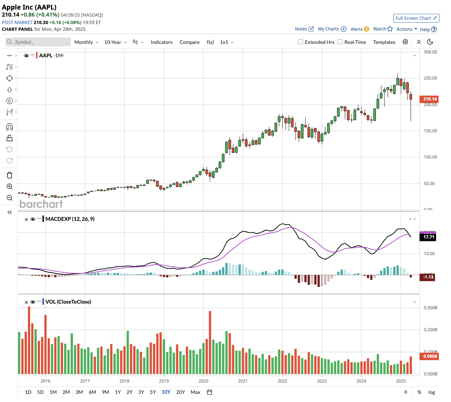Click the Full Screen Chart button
[x=416, y=18]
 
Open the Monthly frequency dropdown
[x=86, y=42]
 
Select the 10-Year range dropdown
[x=115, y=42]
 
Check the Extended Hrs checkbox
[x=301, y=42]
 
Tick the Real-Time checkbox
[x=340, y=42]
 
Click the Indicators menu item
[x=161, y=42]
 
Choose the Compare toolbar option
[x=189, y=42]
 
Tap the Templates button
[x=384, y=42]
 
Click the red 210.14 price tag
[x=430, y=99]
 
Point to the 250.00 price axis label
[x=430, y=78]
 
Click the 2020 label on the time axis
[x=204, y=381]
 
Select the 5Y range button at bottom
[x=153, y=392]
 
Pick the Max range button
[x=195, y=392]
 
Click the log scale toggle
[x=432, y=392]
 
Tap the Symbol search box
[x=38, y=42]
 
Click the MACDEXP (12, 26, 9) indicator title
[x=70, y=219]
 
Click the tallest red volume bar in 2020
[x=210, y=342]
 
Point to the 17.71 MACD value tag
[x=428, y=237]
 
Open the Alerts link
[x=359, y=29]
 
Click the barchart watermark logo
[x=41, y=204]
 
